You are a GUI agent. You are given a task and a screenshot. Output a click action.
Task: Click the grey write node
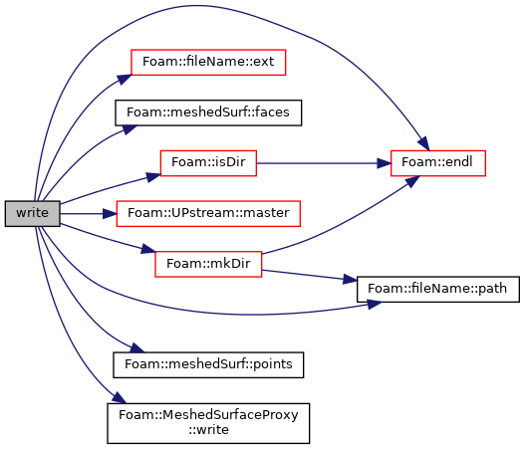33,213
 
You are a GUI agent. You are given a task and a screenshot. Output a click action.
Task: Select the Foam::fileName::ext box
208,63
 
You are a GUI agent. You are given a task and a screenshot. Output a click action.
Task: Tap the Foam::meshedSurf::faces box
208,112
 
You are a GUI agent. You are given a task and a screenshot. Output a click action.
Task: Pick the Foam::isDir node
208,163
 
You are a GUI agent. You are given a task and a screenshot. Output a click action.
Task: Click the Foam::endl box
438,163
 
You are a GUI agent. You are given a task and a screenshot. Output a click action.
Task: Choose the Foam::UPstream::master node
208,213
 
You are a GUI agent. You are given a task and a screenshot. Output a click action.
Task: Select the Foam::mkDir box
208,264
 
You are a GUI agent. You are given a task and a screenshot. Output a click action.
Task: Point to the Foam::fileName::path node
438,289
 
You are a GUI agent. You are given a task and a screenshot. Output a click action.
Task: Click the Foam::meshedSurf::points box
208,365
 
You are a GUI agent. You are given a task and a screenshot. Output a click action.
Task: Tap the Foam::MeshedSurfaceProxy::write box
208,423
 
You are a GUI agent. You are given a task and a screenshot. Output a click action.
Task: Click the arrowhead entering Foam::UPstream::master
110,213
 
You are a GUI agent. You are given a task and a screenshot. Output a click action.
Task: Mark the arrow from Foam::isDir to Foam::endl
324,163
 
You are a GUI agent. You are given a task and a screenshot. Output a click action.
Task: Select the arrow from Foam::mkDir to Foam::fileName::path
309,276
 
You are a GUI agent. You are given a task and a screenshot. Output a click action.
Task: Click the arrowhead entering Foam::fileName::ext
125,79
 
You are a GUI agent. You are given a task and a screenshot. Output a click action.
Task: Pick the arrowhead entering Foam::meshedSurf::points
137,348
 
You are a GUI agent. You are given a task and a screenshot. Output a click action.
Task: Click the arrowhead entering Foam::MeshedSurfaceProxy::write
120,398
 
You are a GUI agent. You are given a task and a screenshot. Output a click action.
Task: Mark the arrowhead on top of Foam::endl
424,144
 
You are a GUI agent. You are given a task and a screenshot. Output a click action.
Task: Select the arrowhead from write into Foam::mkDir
148,249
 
